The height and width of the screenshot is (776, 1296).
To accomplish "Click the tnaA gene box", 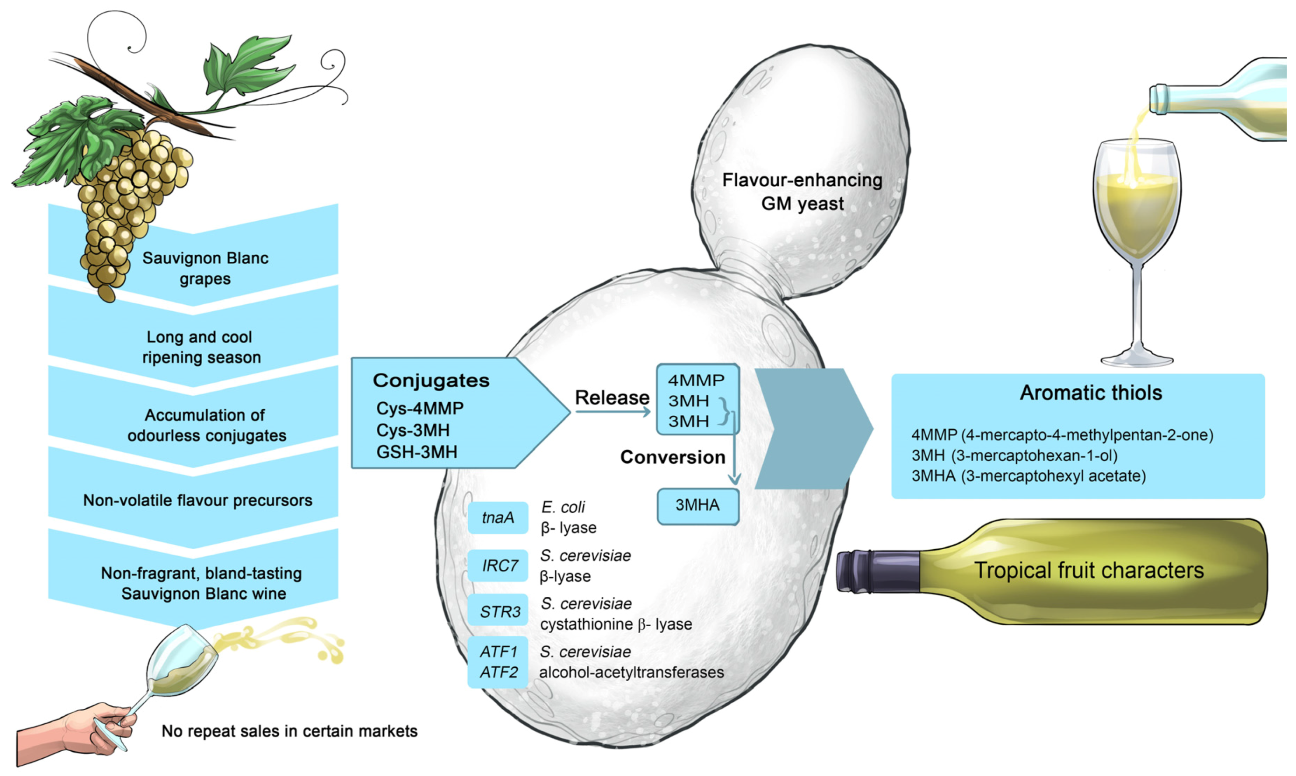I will coord(497,517).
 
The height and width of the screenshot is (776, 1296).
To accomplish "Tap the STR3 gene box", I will coord(497,611).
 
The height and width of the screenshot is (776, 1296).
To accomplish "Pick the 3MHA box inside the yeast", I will coord(697,506).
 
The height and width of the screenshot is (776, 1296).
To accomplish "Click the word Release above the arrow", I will coord(612,398).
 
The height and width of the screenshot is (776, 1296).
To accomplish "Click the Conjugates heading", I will coord(431,381).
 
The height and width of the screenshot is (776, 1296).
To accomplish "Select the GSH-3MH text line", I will coord(417,452).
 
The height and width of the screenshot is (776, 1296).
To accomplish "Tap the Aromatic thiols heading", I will coord(1091,393).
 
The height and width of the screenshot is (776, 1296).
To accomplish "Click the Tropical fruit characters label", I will coord(1089,571).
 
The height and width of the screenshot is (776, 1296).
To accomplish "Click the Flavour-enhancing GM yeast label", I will coord(802,192).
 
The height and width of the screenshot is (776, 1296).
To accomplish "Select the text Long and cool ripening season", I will coord(201,347).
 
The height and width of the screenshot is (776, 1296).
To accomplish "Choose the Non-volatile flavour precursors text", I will coord(197,500).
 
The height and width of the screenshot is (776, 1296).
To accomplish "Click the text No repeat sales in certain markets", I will coord(289,731).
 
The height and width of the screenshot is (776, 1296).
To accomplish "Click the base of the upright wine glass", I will coord(1136,361).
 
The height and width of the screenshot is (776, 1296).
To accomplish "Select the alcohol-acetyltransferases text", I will coord(631,672).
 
